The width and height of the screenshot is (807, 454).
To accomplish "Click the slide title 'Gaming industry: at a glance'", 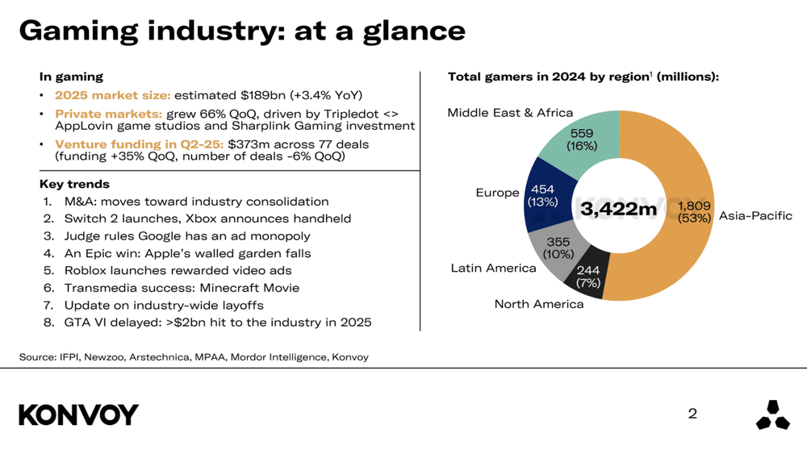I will pyautogui.click(x=242, y=31).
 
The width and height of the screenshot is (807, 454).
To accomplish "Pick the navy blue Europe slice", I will pyautogui.click(x=542, y=195).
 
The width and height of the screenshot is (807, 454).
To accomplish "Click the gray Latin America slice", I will pyautogui.click(x=558, y=248).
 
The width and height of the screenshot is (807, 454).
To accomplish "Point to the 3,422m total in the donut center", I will pyautogui.click(x=619, y=209).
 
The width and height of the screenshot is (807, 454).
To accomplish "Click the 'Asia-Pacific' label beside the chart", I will pyautogui.click(x=755, y=216).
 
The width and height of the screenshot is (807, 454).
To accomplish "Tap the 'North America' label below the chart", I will pyautogui.click(x=538, y=304).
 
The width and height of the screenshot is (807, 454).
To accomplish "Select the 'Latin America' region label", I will pyautogui.click(x=493, y=268).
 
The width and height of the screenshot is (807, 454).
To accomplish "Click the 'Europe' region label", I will pyautogui.click(x=497, y=193).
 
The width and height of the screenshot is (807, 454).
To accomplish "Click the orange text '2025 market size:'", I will pyautogui.click(x=112, y=95).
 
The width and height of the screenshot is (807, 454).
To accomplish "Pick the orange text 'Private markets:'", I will pyautogui.click(x=108, y=114).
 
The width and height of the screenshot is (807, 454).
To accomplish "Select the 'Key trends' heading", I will pyautogui.click(x=74, y=185).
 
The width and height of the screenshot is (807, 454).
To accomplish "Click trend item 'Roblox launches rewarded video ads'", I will pyautogui.click(x=178, y=270).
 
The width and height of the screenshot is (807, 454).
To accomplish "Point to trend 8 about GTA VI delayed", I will pyautogui.click(x=218, y=323).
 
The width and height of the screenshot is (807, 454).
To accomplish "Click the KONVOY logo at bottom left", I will pyautogui.click(x=78, y=414).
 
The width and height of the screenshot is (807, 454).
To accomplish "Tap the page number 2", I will pyautogui.click(x=692, y=414).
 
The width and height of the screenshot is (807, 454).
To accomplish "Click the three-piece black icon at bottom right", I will pyautogui.click(x=772, y=414).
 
